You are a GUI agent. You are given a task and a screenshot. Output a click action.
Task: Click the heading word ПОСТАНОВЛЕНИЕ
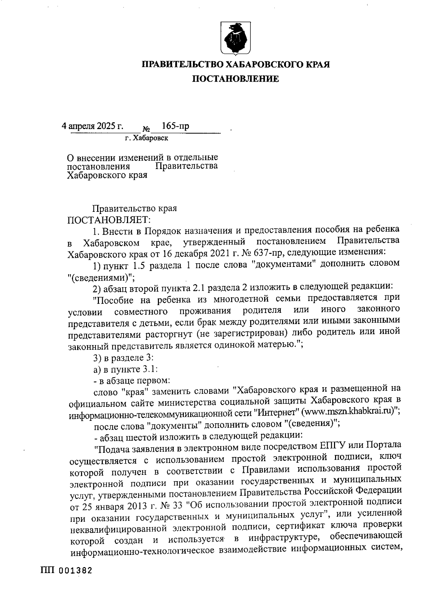(x=235, y=79)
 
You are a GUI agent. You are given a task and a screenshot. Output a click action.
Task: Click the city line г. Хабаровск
(x=147, y=139)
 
